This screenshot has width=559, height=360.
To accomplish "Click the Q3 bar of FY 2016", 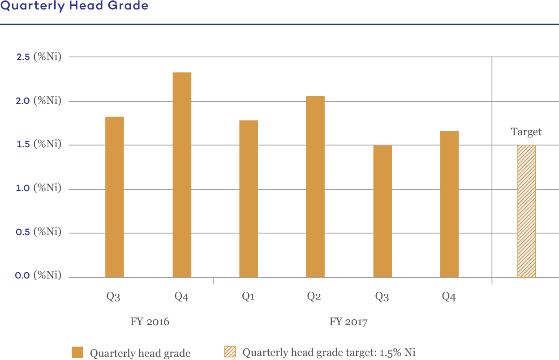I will point(115,197).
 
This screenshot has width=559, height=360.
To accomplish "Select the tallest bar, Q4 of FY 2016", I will point(182,174).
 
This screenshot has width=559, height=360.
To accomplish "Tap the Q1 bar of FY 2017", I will point(249,198).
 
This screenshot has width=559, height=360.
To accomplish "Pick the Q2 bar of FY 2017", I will point(315,186).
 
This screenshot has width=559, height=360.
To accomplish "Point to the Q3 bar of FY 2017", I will point(383,211).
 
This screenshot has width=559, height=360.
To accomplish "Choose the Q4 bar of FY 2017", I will point(449,204).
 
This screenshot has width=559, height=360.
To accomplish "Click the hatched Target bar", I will point(527,211).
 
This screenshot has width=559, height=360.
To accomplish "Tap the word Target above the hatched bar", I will point(526,132).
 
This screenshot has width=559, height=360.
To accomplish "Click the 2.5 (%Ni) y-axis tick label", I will point(38,57).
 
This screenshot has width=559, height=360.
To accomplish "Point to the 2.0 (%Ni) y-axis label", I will point(38,101).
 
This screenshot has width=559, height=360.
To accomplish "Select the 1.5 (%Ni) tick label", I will point(38,144).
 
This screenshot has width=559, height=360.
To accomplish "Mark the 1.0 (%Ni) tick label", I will point(38,188).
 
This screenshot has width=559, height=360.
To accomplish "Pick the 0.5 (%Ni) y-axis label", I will point(38,232).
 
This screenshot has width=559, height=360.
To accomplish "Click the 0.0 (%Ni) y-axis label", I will point(38,275).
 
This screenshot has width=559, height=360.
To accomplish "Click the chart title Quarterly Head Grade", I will point(74,6).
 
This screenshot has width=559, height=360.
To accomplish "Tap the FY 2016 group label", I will point(150,322).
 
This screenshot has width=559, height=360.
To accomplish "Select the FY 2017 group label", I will point(348,322).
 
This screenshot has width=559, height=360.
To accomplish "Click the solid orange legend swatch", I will point(77,352).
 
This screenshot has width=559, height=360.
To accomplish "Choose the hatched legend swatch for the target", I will point(230,352).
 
